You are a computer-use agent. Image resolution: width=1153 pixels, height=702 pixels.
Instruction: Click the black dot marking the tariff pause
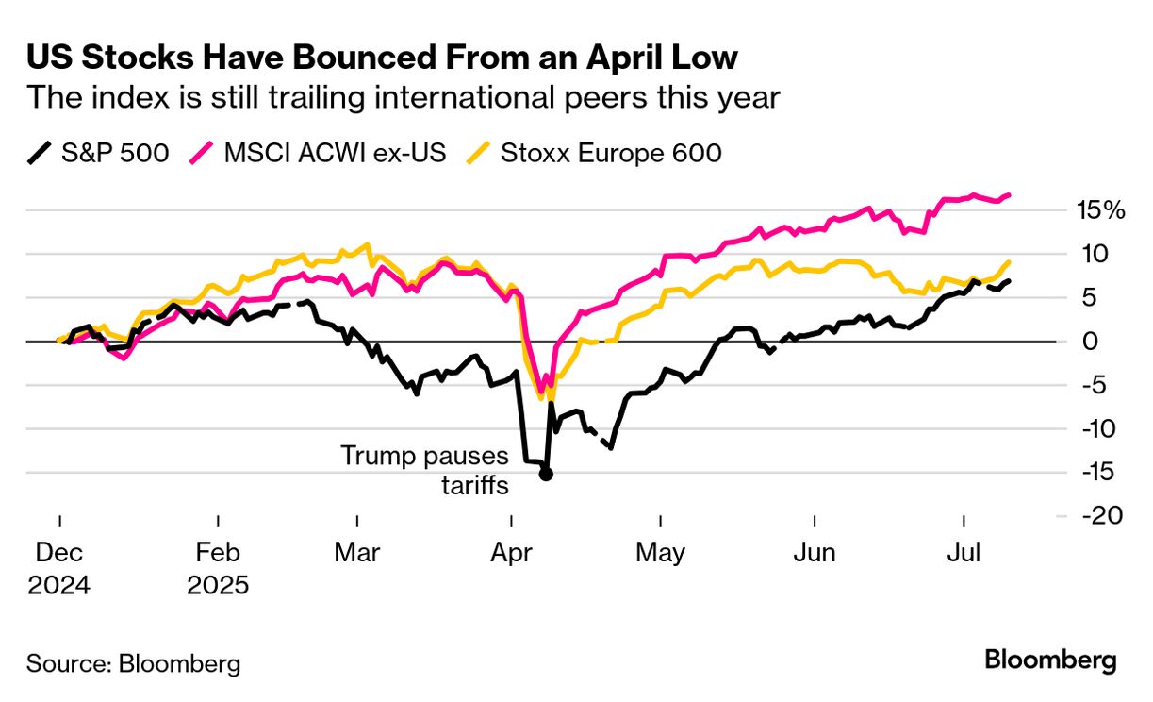point(545,474)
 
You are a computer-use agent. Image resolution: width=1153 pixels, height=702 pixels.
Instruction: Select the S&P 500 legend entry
point(98,152)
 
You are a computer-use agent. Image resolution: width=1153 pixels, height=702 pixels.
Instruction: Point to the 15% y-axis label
point(1101,210)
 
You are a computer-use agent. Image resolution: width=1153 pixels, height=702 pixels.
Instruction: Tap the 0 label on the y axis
point(1090,342)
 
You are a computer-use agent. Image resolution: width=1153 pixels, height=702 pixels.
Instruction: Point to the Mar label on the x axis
point(357,552)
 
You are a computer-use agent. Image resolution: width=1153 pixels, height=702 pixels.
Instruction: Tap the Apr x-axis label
point(510,552)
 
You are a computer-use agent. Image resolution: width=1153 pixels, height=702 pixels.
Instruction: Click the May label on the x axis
point(661,552)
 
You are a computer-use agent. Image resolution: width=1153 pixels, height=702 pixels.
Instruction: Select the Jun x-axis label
point(815,552)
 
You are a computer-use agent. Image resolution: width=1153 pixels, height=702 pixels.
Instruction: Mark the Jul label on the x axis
point(964,552)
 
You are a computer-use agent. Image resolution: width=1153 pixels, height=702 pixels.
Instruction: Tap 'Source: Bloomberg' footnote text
point(133,662)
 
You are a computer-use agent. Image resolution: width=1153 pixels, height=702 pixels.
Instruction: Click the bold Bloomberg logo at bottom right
point(1050,660)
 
